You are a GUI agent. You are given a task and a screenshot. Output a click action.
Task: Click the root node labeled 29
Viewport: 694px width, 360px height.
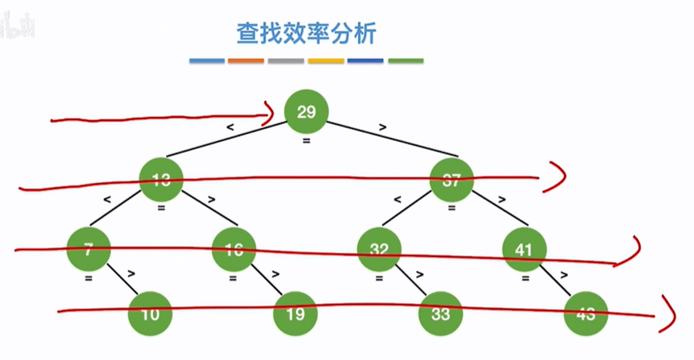pyautogui.click(x=307, y=113)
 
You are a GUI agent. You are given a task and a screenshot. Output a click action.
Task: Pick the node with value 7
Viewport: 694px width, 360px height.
pyautogui.click(x=88, y=249)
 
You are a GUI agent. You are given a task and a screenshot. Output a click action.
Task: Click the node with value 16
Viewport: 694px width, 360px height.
pyautogui.click(x=234, y=249)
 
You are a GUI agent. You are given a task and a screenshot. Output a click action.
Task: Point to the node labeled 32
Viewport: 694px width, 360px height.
pyautogui.click(x=379, y=249)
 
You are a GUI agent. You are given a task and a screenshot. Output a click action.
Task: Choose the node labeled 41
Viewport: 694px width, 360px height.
pyautogui.click(x=525, y=249)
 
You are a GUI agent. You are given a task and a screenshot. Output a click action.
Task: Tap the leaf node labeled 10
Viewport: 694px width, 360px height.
pyautogui.click(x=151, y=314)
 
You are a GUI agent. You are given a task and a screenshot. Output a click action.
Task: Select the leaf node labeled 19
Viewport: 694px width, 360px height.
pyautogui.click(x=296, y=314)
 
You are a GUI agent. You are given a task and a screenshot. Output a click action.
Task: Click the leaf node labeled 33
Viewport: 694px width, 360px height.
pyautogui.click(x=441, y=314)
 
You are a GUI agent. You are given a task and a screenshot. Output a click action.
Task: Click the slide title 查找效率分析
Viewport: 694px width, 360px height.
pyautogui.click(x=307, y=34)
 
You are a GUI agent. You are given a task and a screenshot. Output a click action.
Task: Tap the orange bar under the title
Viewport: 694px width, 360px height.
pyautogui.click(x=246, y=61)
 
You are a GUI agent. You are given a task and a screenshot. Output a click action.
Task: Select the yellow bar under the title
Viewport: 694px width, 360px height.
pyautogui.click(x=326, y=61)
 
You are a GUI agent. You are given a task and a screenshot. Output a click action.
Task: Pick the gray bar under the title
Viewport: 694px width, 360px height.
pyautogui.click(x=286, y=61)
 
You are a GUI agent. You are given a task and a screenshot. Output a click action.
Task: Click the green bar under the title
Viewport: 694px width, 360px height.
pyautogui.click(x=405, y=61)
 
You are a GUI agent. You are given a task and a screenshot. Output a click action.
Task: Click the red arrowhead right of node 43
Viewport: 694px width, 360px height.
pyautogui.click(x=666, y=313)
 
